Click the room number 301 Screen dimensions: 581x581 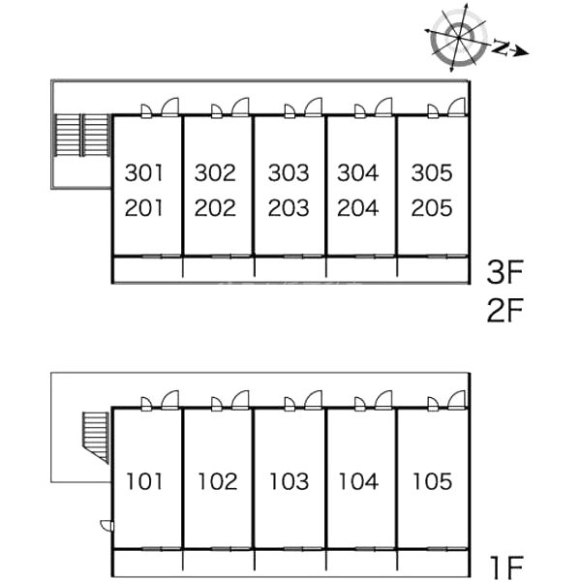[144, 173]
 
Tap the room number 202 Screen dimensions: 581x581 [215, 208]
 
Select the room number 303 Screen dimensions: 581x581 [289, 173]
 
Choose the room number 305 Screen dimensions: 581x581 [431, 173]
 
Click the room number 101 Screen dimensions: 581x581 [144, 481]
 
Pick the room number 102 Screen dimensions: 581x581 [217, 481]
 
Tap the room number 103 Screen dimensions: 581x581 [289, 481]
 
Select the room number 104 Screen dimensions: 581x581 [359, 481]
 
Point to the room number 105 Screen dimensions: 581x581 [431, 481]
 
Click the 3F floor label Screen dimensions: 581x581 [505, 272]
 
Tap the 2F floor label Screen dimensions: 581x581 [505, 311]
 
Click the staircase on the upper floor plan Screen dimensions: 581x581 [80, 136]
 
